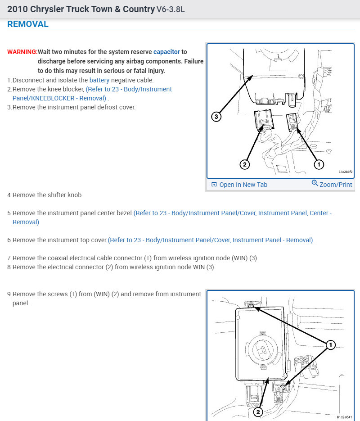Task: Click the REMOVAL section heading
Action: pyautogui.click(x=28, y=24)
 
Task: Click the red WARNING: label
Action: pyautogui.click(x=22, y=52)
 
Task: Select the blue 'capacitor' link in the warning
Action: pyautogui.click(x=166, y=52)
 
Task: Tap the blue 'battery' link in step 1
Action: pyautogui.click(x=99, y=80)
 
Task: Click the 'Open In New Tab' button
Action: pyautogui.click(x=239, y=185)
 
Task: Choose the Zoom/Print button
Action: pyautogui.click(x=332, y=184)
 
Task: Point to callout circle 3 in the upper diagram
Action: pyautogui.click(x=216, y=117)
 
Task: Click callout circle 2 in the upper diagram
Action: pyautogui.click(x=244, y=165)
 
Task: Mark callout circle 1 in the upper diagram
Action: pyautogui.click(x=319, y=165)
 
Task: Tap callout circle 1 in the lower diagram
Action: pyautogui.click(x=330, y=345)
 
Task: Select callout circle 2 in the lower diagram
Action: pyautogui.click(x=258, y=412)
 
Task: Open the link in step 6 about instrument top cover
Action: pyautogui.click(x=210, y=240)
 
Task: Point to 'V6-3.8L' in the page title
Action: pyautogui.click(x=171, y=9)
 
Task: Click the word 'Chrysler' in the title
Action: pyautogui.click(x=47, y=9)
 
